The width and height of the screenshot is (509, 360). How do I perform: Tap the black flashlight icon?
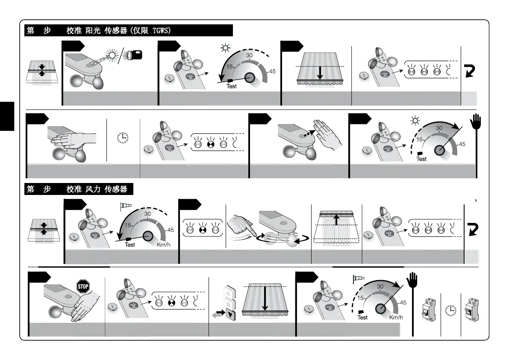[x=133, y=56]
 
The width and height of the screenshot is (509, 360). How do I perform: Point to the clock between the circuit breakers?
[x=450, y=310]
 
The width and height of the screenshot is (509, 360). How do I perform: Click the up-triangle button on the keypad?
[x=229, y=294]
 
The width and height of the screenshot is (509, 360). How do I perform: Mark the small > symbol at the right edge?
[x=476, y=200]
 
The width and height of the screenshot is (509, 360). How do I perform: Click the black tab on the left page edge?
[x=7, y=115]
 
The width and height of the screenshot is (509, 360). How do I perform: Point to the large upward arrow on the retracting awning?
[x=336, y=220]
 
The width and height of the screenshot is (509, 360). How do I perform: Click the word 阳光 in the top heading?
[x=91, y=31]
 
